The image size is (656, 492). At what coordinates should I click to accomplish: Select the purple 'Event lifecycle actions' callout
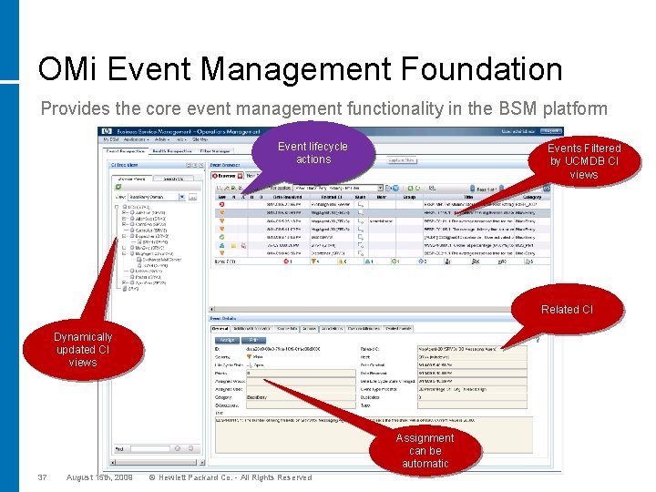(x=313, y=152)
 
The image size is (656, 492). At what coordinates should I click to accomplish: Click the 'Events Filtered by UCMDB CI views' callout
(x=584, y=161)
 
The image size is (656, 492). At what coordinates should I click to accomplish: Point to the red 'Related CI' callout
(x=566, y=310)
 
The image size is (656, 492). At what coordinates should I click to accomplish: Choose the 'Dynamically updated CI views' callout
(x=82, y=349)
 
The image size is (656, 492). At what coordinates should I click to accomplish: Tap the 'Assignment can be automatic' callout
(x=425, y=450)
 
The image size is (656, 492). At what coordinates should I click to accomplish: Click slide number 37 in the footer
(x=42, y=477)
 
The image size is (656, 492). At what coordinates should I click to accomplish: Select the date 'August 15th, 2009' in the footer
(x=99, y=477)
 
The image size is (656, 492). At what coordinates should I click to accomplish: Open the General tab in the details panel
(x=220, y=328)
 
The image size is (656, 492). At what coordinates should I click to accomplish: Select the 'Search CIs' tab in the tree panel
(x=173, y=178)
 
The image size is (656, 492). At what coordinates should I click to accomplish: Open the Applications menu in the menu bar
(x=135, y=139)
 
